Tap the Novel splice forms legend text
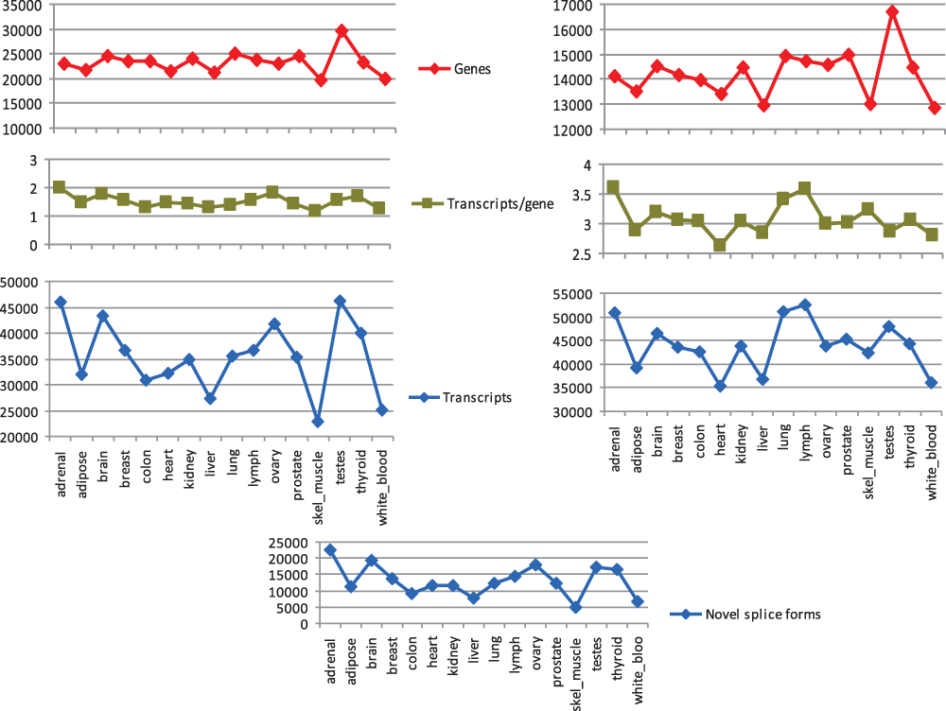(762, 615)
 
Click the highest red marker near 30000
(342, 31)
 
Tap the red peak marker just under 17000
(892, 12)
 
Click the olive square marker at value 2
(60, 187)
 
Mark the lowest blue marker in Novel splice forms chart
(575, 607)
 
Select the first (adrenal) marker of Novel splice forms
(330, 549)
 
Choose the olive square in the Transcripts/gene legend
(429, 203)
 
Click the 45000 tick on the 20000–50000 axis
(24, 308)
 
